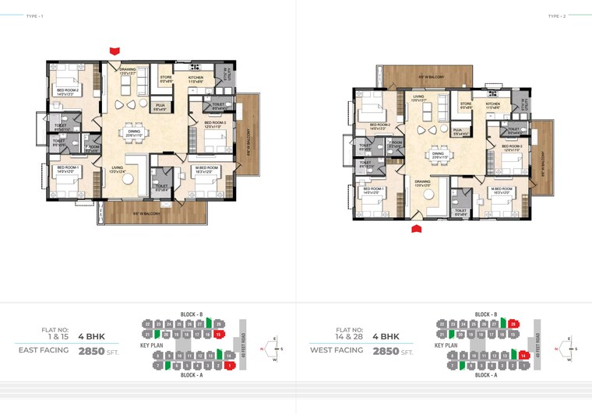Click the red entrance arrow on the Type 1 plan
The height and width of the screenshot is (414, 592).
[115, 51]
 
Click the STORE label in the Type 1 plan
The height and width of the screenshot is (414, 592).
[165, 77]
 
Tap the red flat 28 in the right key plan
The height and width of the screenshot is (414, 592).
[513, 323]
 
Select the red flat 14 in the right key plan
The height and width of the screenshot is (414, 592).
[524, 356]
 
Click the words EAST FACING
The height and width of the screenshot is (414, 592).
[44, 351]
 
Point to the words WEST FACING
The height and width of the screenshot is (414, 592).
[337, 351]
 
